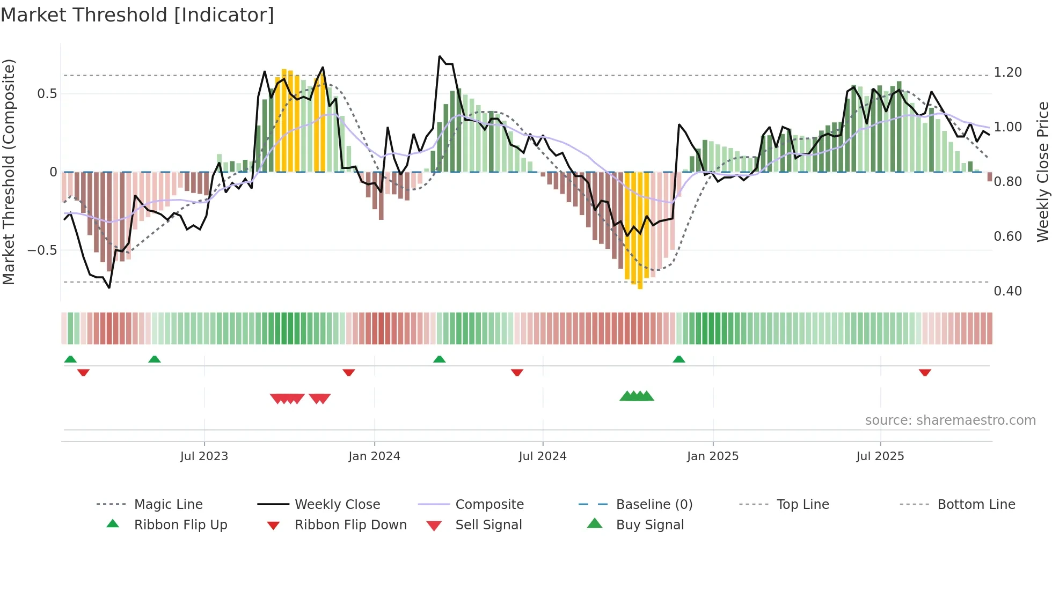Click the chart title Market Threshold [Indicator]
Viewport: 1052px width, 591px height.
(137, 15)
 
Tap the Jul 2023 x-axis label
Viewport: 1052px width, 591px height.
(204, 456)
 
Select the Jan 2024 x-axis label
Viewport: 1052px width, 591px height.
(374, 456)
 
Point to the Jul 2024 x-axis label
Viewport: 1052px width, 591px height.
(542, 456)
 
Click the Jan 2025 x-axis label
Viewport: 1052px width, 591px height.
(712, 456)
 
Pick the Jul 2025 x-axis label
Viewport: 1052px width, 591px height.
(880, 456)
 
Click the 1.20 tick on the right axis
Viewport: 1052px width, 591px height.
(1007, 72)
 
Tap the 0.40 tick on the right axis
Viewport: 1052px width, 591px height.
(1007, 291)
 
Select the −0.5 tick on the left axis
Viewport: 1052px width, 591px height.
(42, 250)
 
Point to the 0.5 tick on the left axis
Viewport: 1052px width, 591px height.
(47, 94)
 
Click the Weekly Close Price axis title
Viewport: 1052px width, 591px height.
(1042, 172)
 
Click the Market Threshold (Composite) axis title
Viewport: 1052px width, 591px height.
(9, 172)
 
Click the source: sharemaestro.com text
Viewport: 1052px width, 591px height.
(950, 420)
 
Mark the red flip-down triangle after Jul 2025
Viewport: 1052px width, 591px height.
(924, 372)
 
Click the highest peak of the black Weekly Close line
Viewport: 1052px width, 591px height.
(440, 56)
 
